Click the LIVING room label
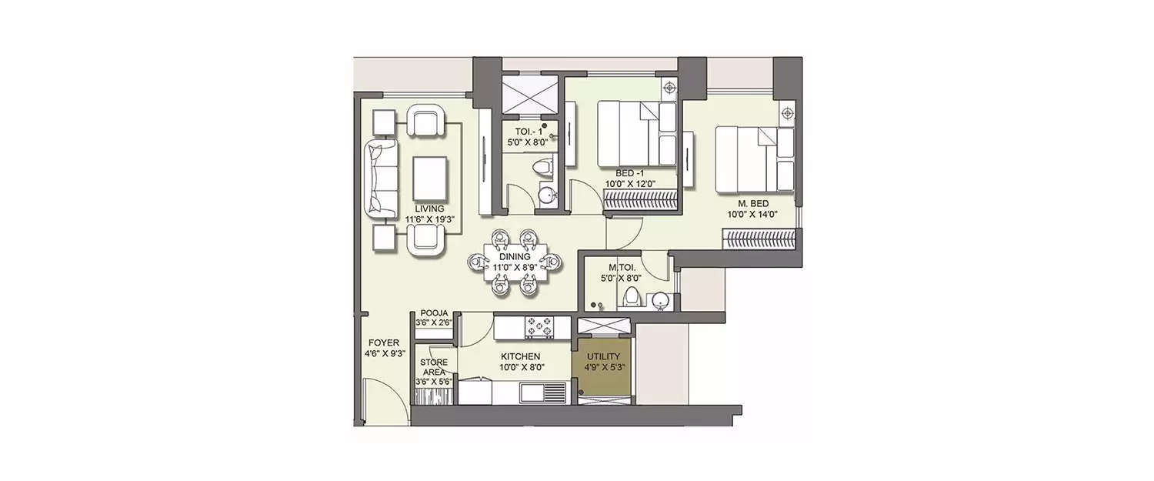[429, 209]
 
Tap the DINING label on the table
[515, 256]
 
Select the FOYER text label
[384, 342]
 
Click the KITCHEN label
[520, 356]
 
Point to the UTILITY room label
[603, 356]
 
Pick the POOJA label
[434, 313]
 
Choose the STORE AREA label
[434, 367]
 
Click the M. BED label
[752, 204]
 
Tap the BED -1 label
[629, 174]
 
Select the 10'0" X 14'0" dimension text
[752, 215]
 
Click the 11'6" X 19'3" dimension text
[429, 219]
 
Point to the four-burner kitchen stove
[539, 327]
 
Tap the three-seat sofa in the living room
[382, 179]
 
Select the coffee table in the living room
[429, 179]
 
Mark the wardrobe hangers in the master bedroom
[759, 239]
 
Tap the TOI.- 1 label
[529, 132]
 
